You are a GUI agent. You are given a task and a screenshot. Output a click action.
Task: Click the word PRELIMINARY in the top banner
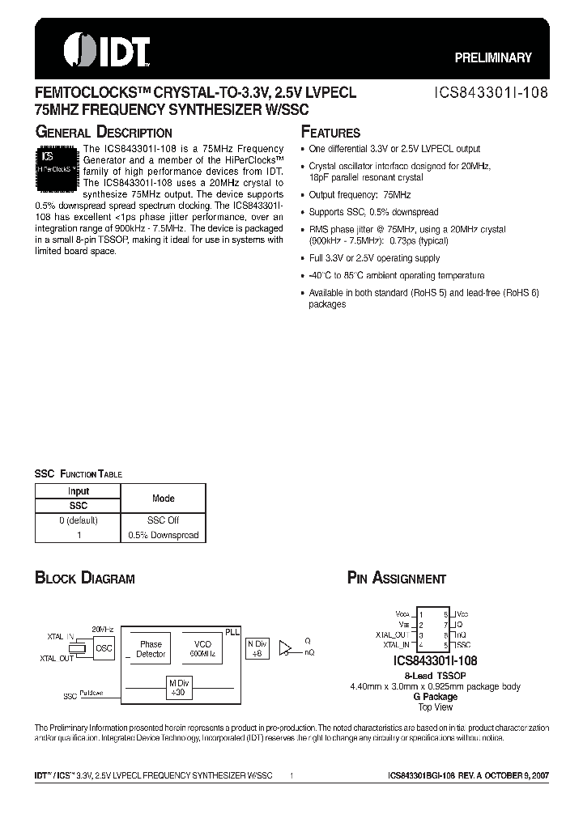(492, 57)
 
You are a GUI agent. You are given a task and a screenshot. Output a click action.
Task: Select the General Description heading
(103, 133)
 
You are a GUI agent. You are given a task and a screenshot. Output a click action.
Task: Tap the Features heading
(330, 133)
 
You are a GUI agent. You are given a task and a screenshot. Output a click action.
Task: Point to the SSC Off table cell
(163, 520)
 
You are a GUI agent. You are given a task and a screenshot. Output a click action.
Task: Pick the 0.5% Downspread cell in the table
(163, 535)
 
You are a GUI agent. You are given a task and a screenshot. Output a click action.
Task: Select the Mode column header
(163, 499)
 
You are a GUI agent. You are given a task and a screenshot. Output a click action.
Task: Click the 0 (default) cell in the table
(79, 520)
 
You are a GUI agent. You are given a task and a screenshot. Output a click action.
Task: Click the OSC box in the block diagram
(104, 647)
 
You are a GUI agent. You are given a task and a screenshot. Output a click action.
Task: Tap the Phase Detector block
(151, 649)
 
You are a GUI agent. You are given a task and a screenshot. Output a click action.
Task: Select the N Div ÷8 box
(257, 647)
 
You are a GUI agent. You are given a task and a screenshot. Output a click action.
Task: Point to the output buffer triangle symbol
(284, 647)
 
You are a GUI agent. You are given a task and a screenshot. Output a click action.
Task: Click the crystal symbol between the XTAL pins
(79, 648)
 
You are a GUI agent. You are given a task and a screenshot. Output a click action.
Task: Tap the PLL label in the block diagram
(232, 630)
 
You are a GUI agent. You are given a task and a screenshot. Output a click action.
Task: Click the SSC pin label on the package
(462, 645)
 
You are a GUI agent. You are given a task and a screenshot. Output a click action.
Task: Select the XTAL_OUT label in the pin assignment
(392, 634)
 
